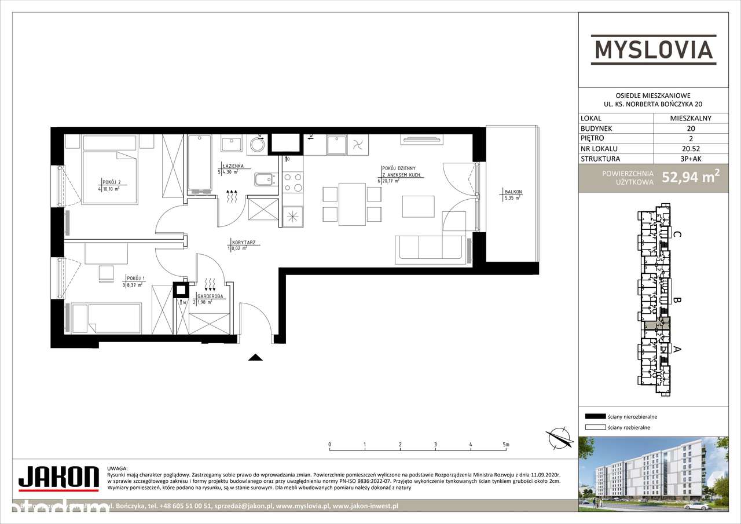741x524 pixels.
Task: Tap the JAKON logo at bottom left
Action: (58, 478)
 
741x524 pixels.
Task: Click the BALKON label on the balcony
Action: (513, 192)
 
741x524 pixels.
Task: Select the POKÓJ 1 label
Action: (133, 279)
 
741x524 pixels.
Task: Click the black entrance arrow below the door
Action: (255, 357)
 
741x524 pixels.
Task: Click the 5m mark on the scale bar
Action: (506, 445)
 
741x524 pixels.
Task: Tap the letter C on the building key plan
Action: (677, 235)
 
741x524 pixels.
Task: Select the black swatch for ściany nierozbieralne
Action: (595, 416)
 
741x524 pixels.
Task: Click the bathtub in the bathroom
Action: (200, 163)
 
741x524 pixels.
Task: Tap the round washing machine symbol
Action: (256, 145)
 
